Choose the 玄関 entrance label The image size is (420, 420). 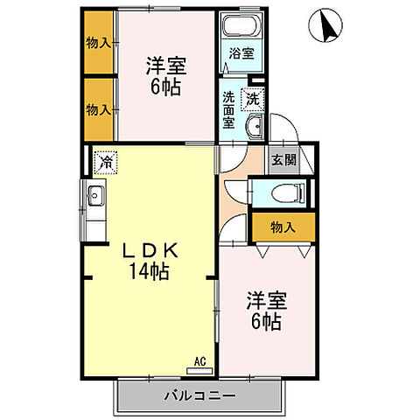coord(283,160)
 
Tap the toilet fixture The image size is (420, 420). coord(284,193)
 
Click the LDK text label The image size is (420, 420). coord(145,250)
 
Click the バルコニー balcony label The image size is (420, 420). coord(199,396)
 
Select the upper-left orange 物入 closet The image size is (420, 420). coord(99,44)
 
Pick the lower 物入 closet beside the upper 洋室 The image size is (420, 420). coord(99,108)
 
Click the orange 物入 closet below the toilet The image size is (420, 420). coord(282,227)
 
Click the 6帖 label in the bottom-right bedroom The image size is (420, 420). coord(263,322)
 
